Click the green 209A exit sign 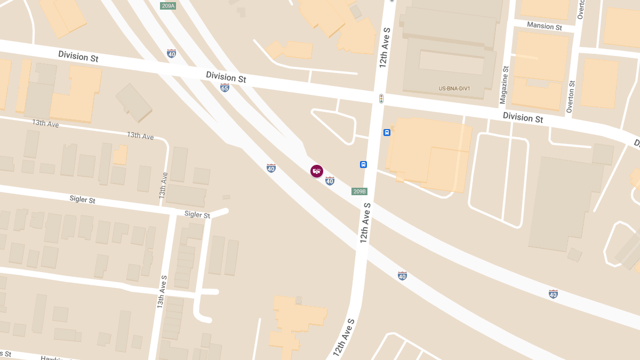coord(168,6)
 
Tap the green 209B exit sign coord(359,191)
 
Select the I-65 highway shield coord(225,88)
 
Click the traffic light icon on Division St coord(381,99)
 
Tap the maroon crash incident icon coord(317,171)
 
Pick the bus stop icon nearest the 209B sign coord(363,164)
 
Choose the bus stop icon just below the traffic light coord(387,132)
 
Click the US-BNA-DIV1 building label coord(454,89)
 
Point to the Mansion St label coord(544,26)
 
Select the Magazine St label coord(504,85)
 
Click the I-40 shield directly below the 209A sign coord(171,53)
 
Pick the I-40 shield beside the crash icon coord(330,181)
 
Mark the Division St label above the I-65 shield coord(226,77)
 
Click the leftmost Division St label coord(78,55)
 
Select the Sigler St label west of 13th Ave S coord(82,200)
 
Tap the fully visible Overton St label coord(571,97)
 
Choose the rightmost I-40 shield coord(553,294)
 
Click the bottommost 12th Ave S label coord(344,338)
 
